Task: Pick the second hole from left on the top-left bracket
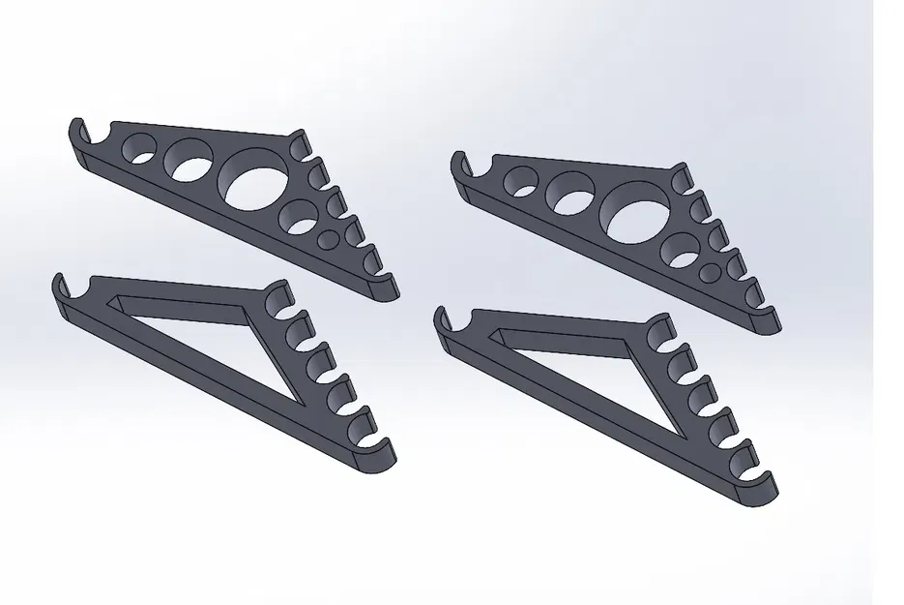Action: point(190,160)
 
